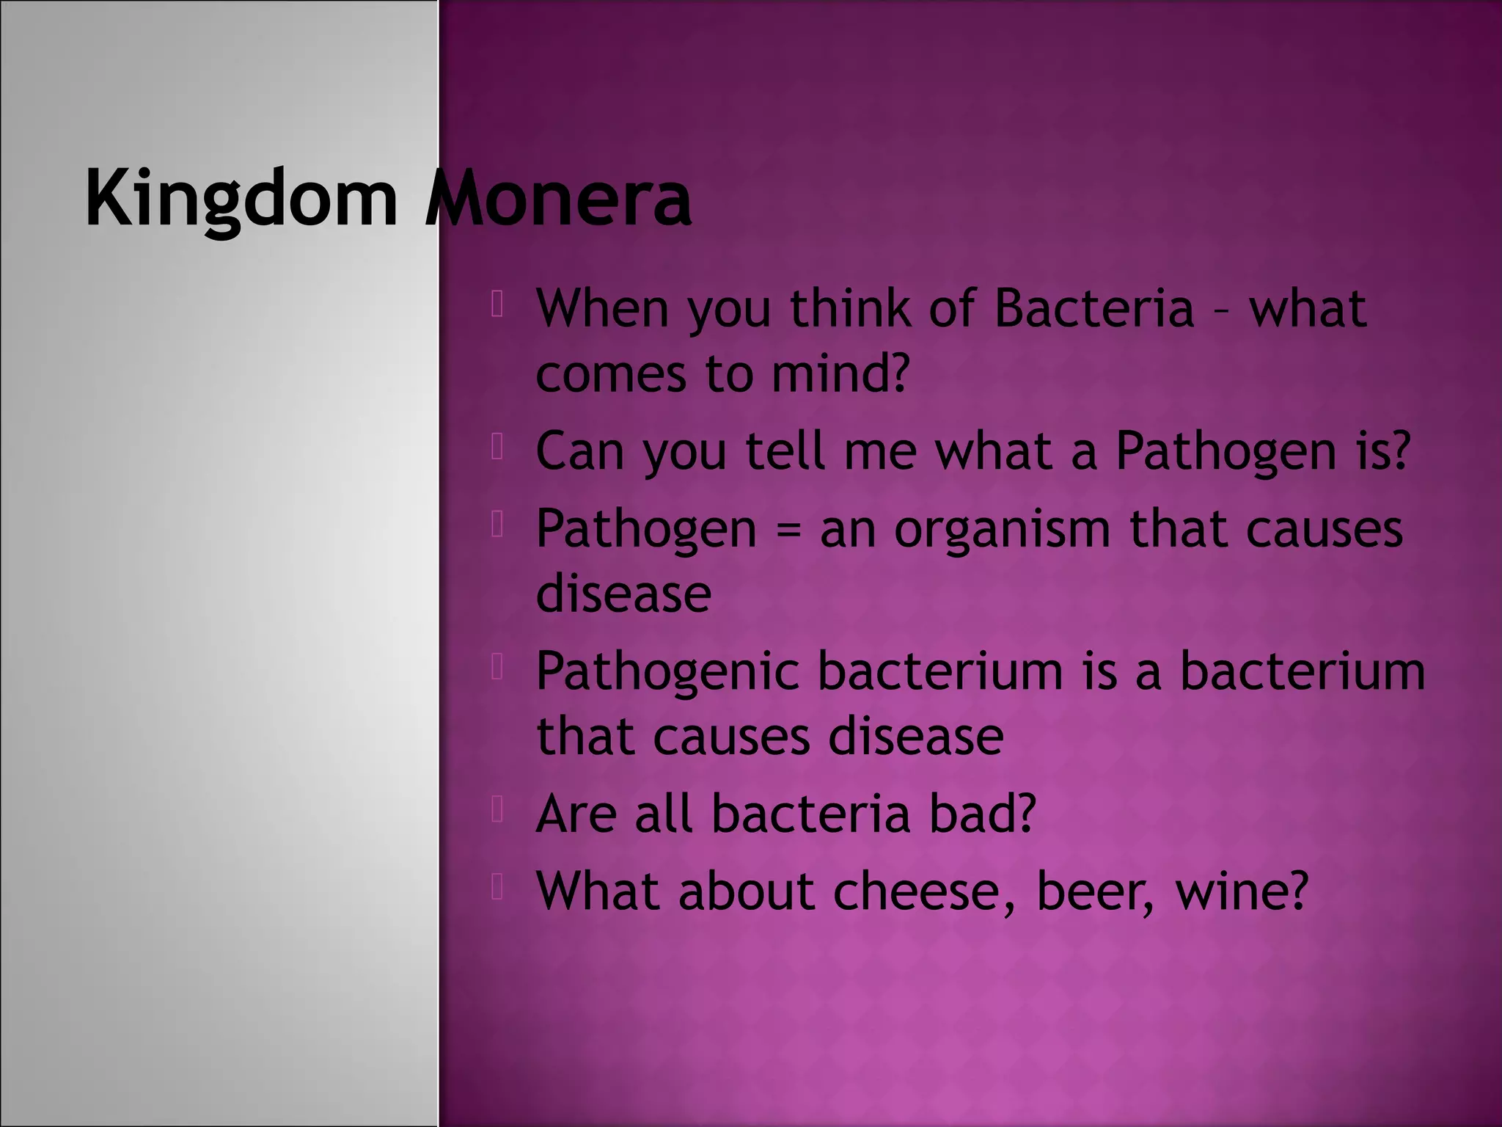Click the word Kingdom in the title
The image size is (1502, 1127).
coord(241,200)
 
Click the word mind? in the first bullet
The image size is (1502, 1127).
coord(840,373)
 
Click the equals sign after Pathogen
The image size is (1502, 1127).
coord(788,530)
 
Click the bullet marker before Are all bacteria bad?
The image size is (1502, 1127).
coord(497,810)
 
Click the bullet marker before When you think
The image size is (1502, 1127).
coord(497,304)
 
